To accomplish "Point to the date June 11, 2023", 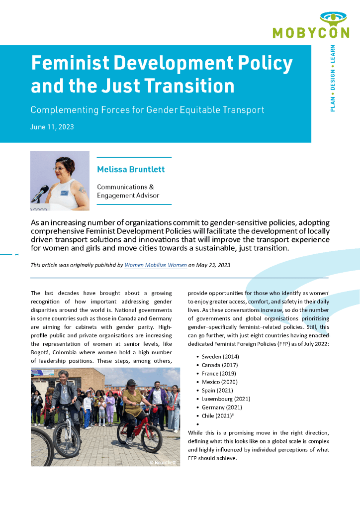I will (52, 127).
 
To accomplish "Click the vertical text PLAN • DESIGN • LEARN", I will (332, 78).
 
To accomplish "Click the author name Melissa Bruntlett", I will (131, 170).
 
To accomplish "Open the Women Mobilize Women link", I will (156, 265).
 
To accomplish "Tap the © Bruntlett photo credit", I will (162, 463).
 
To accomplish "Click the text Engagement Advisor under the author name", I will (128, 196).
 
